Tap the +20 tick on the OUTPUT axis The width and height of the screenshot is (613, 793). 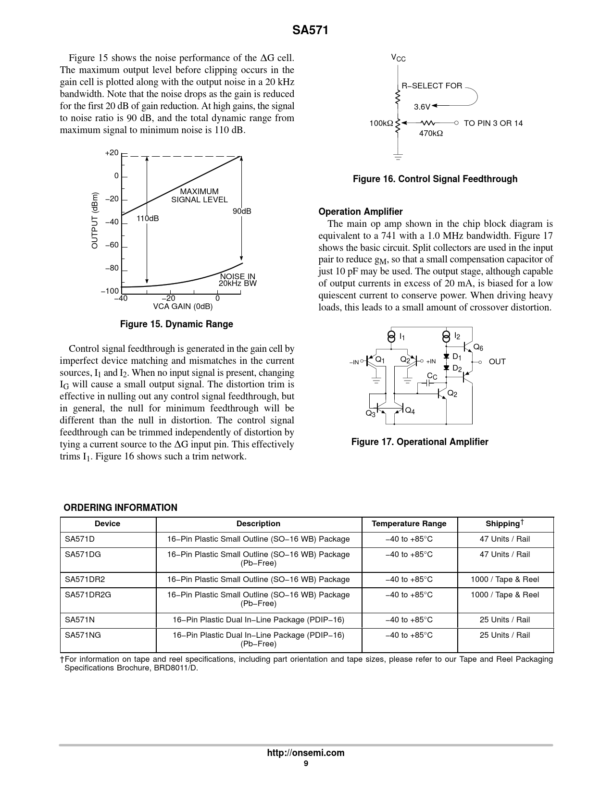(112, 153)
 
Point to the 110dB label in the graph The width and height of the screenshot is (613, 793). (148, 219)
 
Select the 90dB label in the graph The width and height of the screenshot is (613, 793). (242, 211)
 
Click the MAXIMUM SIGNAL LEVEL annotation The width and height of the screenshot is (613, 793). (200, 196)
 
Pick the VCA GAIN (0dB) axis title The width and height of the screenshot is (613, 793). (183, 307)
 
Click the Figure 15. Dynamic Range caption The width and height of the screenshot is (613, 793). (176, 324)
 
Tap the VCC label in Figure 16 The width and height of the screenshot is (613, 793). (398, 58)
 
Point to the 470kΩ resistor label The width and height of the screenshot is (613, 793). (431, 133)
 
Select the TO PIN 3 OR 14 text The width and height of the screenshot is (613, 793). (493, 123)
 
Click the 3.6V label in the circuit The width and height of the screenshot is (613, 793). (422, 106)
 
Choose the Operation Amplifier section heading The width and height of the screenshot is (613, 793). (361, 212)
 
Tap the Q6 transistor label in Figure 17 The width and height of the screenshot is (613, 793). (478, 347)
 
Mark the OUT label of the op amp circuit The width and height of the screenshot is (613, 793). (497, 361)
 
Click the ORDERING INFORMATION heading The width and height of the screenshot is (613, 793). (121, 508)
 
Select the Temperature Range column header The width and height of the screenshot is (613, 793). (409, 524)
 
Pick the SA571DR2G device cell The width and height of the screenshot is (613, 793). (88, 595)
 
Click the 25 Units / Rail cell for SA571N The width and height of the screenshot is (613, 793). (505, 620)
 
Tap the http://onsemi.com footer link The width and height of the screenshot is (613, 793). (306, 753)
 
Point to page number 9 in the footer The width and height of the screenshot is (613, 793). (306, 764)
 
